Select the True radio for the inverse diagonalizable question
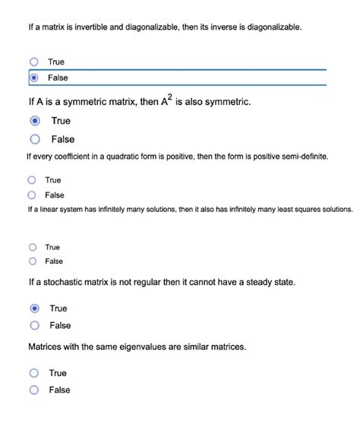(x=33, y=62)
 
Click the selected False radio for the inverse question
(x=33, y=78)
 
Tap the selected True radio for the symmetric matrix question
(x=35, y=121)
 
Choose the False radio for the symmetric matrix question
(x=35, y=139)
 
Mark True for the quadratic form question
(x=32, y=180)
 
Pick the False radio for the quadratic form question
(x=32, y=195)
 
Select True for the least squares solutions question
(x=32, y=247)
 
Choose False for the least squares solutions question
(x=32, y=261)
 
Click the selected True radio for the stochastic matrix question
(x=35, y=309)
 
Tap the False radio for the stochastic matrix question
(x=35, y=325)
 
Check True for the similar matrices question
(x=34, y=373)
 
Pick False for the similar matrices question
(x=34, y=390)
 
